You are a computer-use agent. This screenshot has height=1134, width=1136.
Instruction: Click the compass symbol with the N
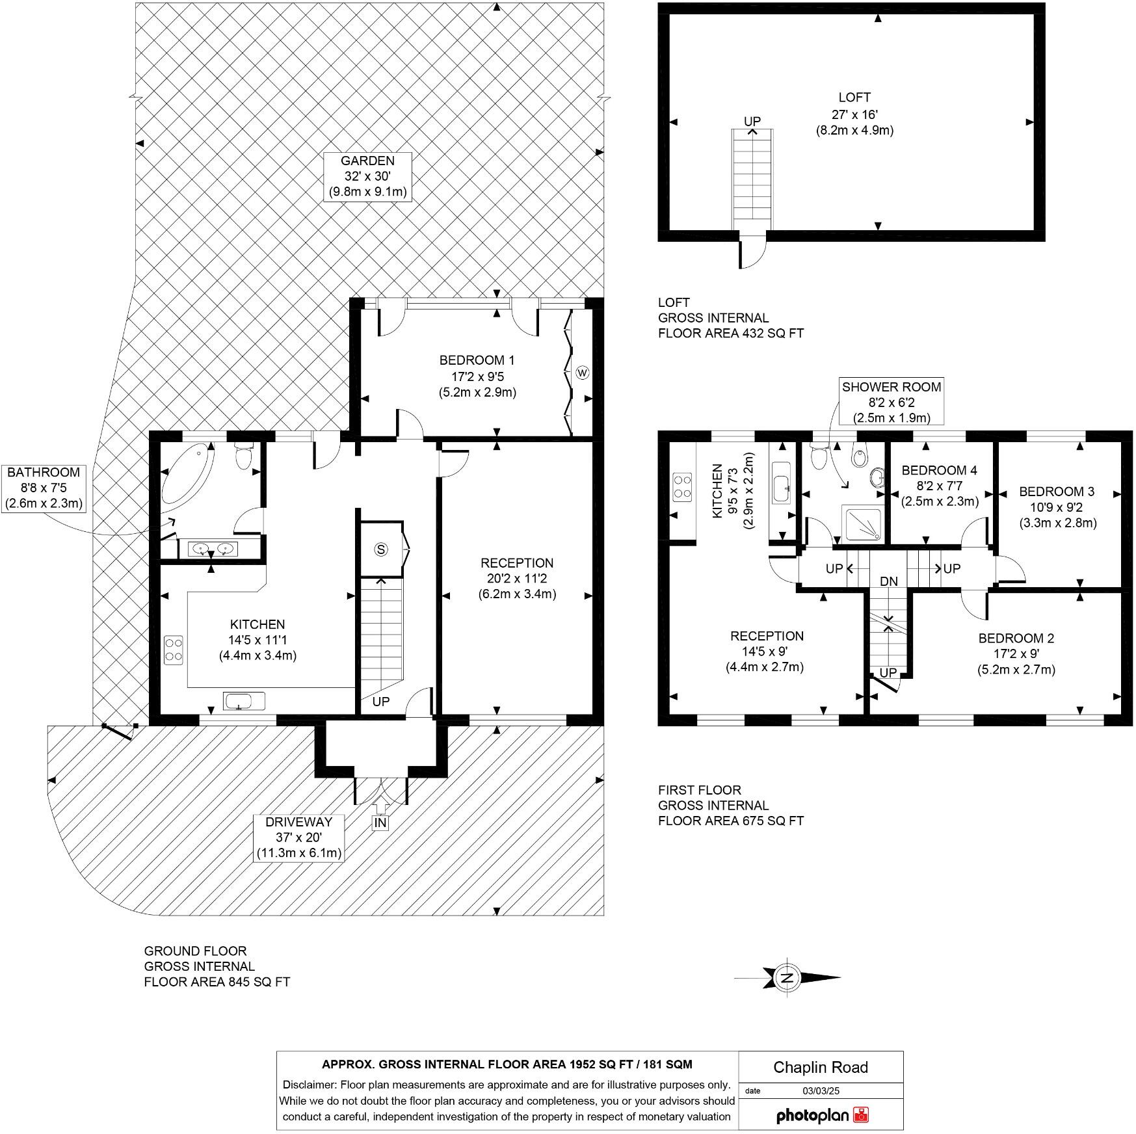[x=788, y=977]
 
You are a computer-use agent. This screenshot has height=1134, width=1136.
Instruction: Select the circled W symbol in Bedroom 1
[x=582, y=373]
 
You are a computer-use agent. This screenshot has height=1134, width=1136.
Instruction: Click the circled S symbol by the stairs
[x=381, y=549]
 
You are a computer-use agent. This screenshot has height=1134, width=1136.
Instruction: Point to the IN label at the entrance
[x=380, y=823]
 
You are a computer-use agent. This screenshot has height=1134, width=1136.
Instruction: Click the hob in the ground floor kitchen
[x=174, y=650]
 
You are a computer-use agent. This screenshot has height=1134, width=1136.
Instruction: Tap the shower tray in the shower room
[x=863, y=524]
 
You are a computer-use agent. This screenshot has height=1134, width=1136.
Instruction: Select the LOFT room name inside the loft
[x=854, y=98]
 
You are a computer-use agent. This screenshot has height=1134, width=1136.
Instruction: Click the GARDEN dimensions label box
[x=367, y=176]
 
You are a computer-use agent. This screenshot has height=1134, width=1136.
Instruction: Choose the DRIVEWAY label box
[x=298, y=837]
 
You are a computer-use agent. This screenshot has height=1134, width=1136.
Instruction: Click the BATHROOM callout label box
[x=43, y=488]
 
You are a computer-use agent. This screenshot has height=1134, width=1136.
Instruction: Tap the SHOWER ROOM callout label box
[x=891, y=402]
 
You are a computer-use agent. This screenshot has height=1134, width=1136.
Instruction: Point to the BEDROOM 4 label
[x=939, y=470]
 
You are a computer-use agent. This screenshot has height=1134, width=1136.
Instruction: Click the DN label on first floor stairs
[x=888, y=581]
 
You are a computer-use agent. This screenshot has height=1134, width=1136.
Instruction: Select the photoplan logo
[x=822, y=1116]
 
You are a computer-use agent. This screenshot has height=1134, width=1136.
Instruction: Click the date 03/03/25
[x=821, y=1091]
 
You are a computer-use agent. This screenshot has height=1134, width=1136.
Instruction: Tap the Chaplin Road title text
[x=820, y=1068]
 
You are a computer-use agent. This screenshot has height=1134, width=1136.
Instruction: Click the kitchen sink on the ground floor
[x=244, y=702]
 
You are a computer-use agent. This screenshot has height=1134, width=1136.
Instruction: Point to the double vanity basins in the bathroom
[x=213, y=549]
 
